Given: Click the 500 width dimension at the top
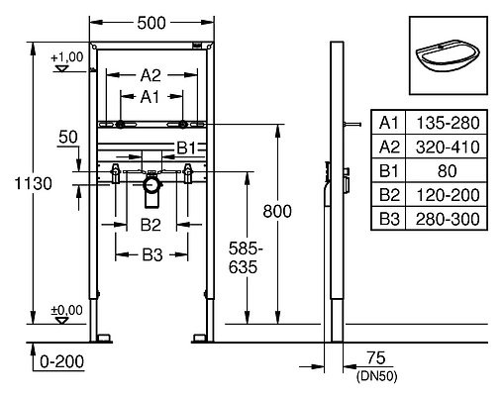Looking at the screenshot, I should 151,19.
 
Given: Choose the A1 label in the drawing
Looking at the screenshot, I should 150,96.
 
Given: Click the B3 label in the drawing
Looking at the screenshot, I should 150,254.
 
